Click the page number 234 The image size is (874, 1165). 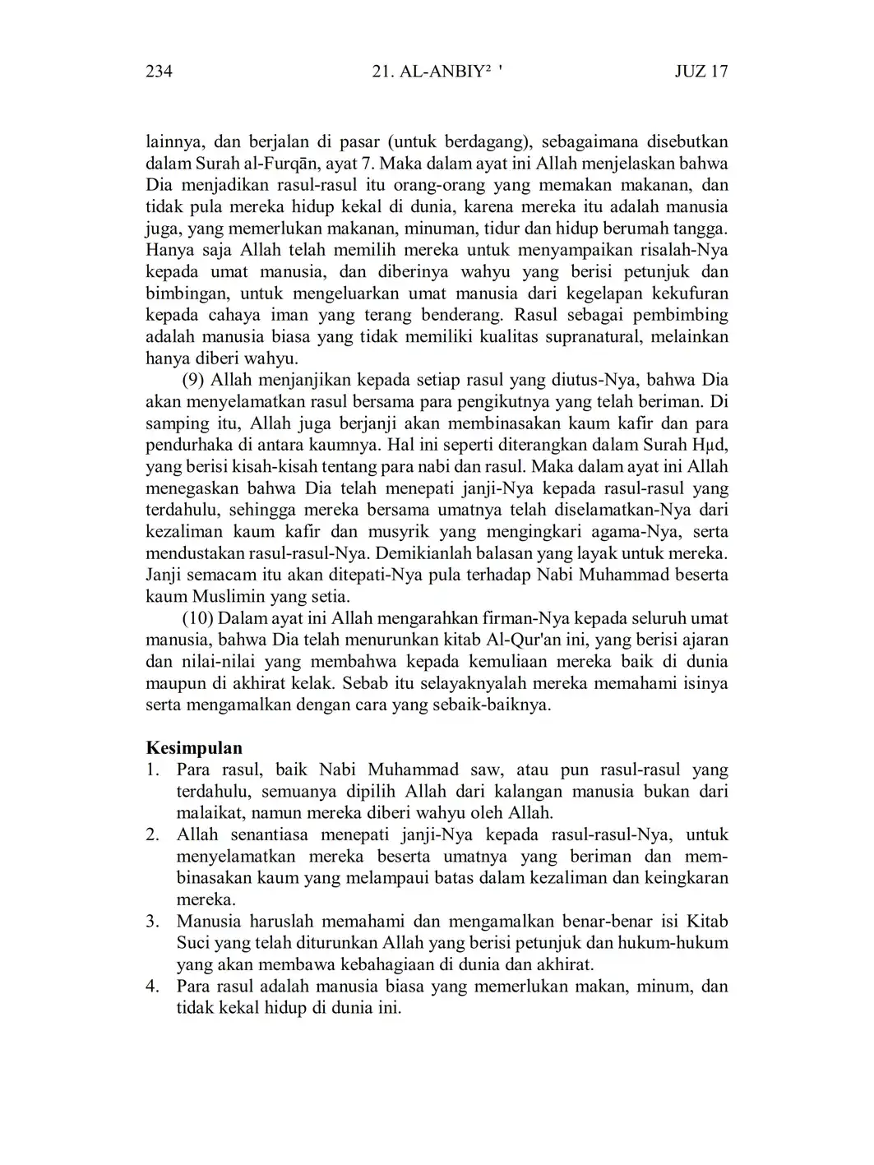(159, 72)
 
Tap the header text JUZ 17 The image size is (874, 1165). (701, 72)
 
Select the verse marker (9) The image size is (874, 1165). (194, 381)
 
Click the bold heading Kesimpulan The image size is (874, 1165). (194, 748)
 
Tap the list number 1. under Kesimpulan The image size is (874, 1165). (152, 770)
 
